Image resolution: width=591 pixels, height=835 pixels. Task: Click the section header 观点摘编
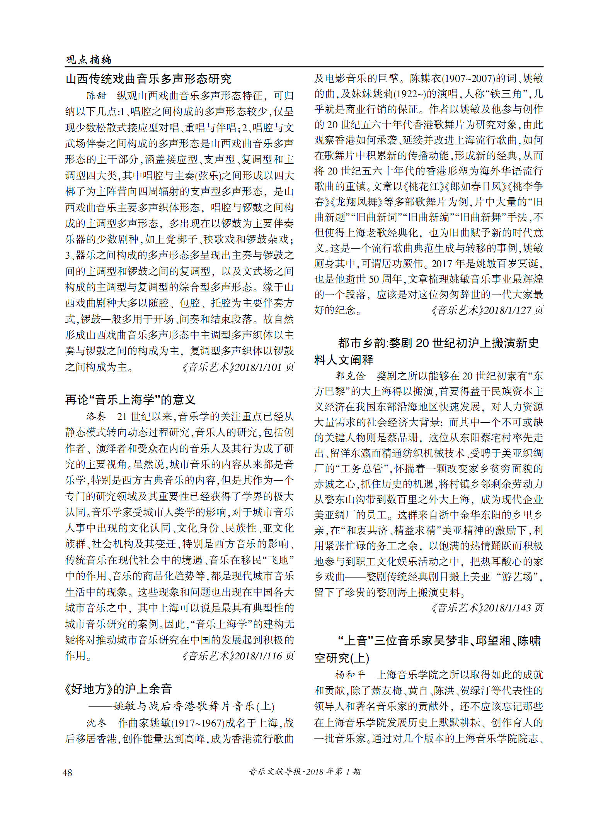[x=89, y=59]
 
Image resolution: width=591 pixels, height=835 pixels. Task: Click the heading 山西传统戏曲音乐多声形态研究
[x=148, y=79]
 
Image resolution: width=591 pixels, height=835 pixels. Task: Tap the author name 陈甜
[x=96, y=95]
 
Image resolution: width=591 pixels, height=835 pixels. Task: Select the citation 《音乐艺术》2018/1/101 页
[x=238, y=367]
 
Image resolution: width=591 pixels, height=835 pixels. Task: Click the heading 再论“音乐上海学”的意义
[x=130, y=400]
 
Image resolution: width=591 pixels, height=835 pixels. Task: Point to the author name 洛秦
[x=96, y=417]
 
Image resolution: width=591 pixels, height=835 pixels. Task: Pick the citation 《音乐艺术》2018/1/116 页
[x=238, y=656]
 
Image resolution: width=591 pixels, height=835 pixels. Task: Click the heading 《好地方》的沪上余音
[x=118, y=689]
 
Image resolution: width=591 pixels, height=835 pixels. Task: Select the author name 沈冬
[x=96, y=723]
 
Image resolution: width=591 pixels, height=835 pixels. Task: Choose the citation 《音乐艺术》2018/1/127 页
[x=487, y=310]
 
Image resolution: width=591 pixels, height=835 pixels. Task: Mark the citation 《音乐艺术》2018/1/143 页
[x=487, y=608]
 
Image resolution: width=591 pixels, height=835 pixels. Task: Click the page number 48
[x=67, y=772]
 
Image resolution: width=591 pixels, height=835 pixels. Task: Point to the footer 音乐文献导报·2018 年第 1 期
[x=305, y=772]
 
